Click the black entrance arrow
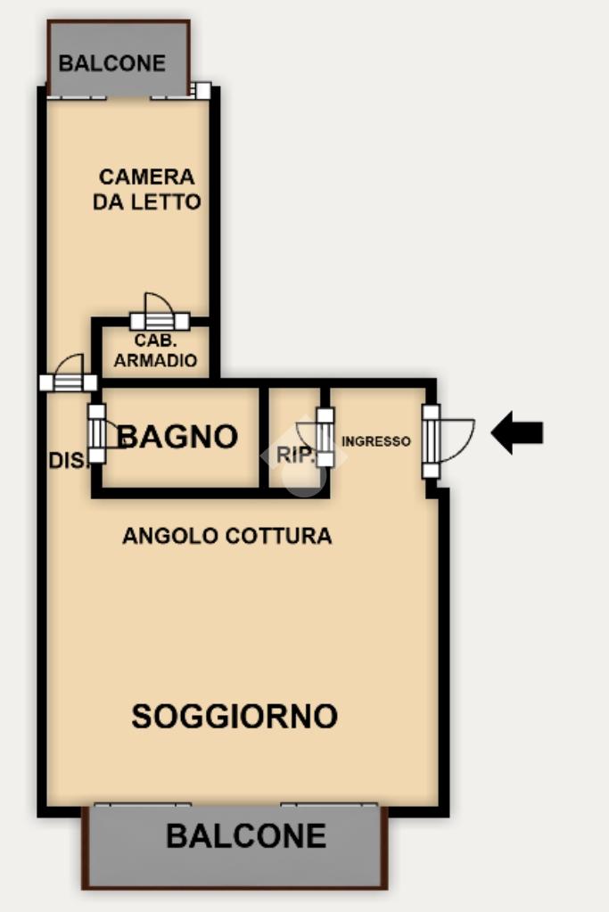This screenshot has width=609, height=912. click(516, 432)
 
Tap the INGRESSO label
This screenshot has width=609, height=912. click(375, 441)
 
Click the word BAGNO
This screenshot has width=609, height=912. click(178, 436)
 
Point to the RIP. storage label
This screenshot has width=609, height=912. click(296, 455)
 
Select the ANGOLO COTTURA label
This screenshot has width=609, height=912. click(226, 536)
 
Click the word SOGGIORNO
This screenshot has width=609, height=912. click(235, 716)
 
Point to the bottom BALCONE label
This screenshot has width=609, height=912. click(246, 836)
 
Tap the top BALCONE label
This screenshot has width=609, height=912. click(112, 62)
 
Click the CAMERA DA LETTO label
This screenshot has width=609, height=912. click(146, 189)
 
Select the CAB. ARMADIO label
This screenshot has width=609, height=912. click(155, 350)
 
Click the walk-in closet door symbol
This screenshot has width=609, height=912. click(160, 312)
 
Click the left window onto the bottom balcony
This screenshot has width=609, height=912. click(143, 805)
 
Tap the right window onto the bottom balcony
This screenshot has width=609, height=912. click(329, 805)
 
